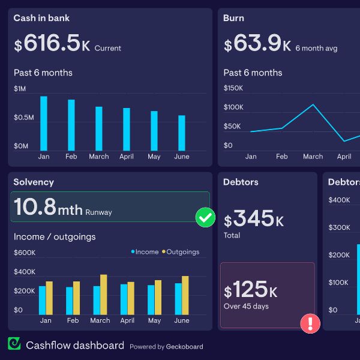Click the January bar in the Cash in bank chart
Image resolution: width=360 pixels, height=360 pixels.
[x=44, y=123]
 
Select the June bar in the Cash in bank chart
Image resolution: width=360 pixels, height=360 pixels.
[x=182, y=133]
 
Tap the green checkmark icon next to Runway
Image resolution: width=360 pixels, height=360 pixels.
[x=206, y=217]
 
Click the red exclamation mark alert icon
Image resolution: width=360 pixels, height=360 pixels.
[x=310, y=324]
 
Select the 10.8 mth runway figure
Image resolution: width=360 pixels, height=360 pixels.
[x=48, y=207]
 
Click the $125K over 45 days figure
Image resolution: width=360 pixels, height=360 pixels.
[x=251, y=291]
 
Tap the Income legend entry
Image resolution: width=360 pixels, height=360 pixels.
[x=145, y=252]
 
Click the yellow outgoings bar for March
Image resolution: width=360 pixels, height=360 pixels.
[x=104, y=295]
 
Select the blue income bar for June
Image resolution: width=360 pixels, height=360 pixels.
[x=178, y=299]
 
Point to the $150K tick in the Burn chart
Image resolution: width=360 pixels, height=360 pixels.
[x=233, y=88]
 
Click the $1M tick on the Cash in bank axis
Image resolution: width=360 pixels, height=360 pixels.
[x=20, y=89]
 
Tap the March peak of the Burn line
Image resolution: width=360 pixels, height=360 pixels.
[x=313, y=105]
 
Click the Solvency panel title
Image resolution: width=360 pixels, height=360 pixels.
[x=34, y=182]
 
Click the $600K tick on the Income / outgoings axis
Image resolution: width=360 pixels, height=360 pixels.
[x=25, y=253]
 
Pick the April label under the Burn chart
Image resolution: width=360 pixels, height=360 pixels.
[x=344, y=157]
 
